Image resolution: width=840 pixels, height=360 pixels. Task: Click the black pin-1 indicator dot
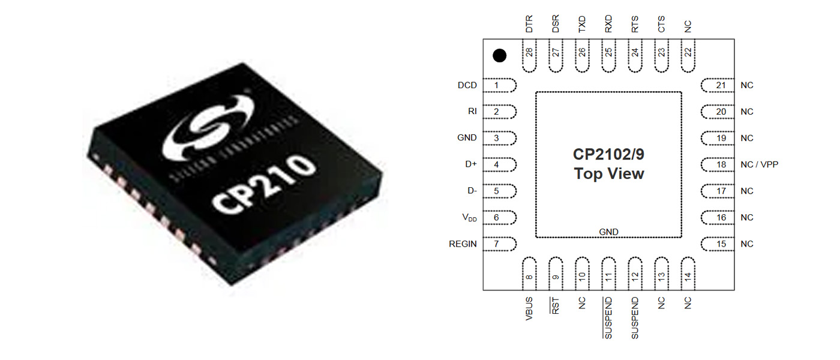499,56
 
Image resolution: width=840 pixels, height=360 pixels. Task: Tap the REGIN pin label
463,244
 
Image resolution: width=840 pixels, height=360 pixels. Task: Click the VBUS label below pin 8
529,309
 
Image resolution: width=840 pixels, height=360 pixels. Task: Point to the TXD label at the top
582,25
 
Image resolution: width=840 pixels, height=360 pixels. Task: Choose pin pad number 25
608,55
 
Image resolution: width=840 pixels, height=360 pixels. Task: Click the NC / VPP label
760,164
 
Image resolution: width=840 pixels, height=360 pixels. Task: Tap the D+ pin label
471,164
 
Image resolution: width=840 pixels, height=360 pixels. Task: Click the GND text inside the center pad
608,232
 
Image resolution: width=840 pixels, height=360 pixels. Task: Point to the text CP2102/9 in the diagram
608,154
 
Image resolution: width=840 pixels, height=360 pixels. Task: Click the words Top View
608,174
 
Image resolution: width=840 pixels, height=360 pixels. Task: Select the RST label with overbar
555,307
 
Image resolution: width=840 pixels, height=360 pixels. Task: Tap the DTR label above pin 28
529,25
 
